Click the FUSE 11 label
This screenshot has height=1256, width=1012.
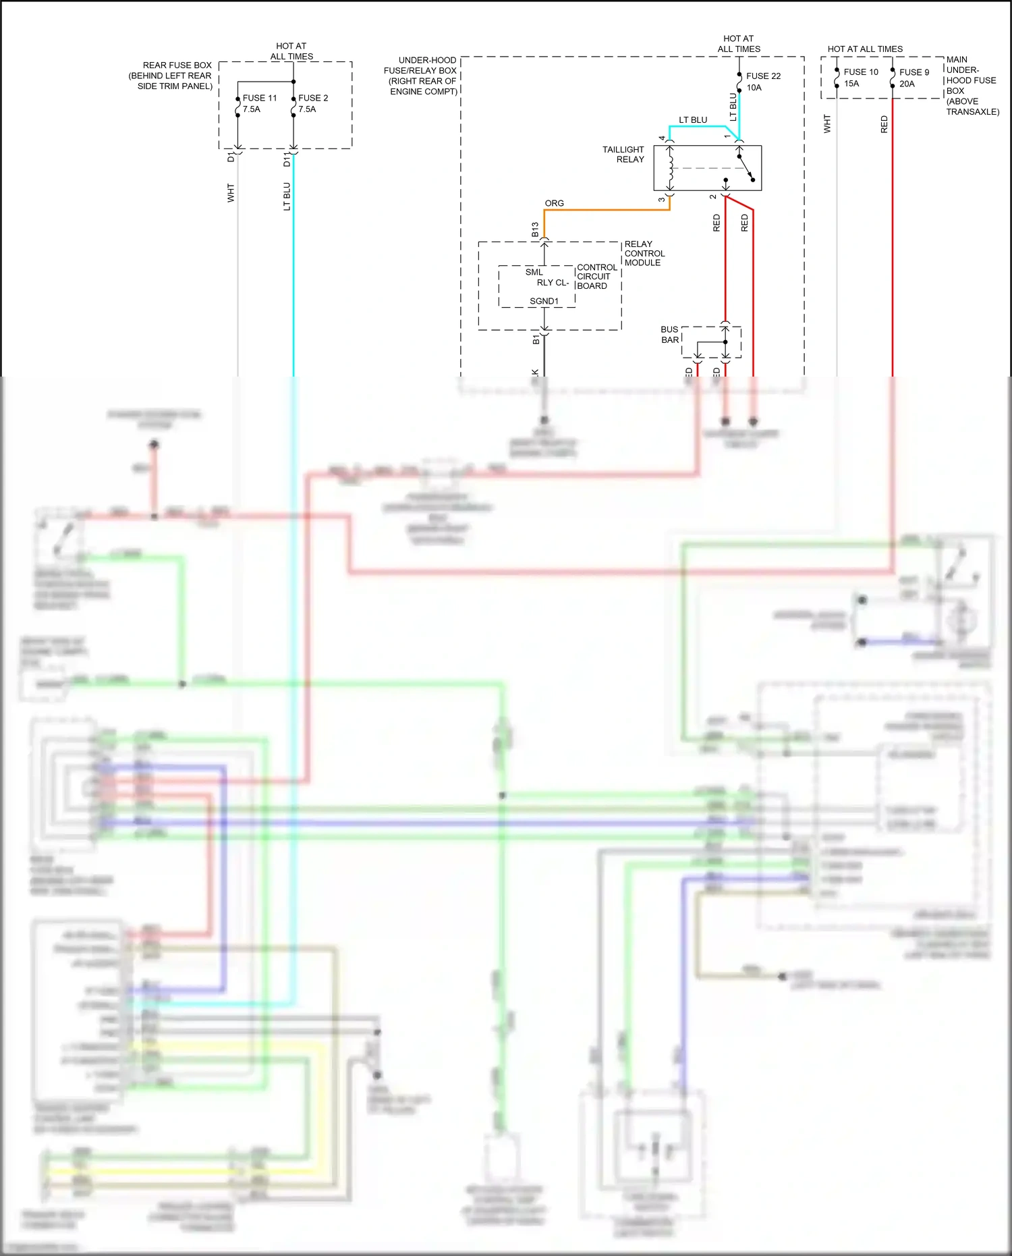pos(260,99)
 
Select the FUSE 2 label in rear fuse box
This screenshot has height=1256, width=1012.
pos(313,99)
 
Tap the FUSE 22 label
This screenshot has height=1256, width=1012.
pos(763,76)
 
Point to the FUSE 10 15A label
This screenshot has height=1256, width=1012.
pos(860,78)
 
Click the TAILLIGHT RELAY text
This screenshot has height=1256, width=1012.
pos(623,155)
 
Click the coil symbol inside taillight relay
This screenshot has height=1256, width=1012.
pos(671,169)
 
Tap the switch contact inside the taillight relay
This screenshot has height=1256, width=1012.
pos(746,169)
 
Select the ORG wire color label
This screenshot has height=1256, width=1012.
pos(554,203)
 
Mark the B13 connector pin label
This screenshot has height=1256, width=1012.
pos(535,229)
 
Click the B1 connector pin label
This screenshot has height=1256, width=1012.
pos(536,339)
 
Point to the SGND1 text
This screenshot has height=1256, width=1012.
pos(544,301)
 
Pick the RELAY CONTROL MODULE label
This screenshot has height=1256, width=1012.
pos(644,253)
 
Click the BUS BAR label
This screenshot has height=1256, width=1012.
pos(669,335)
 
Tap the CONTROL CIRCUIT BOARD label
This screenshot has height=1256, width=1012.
pos(596,277)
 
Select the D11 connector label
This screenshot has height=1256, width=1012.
pos(287,159)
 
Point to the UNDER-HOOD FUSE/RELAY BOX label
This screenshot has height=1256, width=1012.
pos(422,76)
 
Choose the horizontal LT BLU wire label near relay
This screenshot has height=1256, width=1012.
pos(693,120)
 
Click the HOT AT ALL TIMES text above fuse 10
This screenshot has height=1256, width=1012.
pos(865,49)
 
